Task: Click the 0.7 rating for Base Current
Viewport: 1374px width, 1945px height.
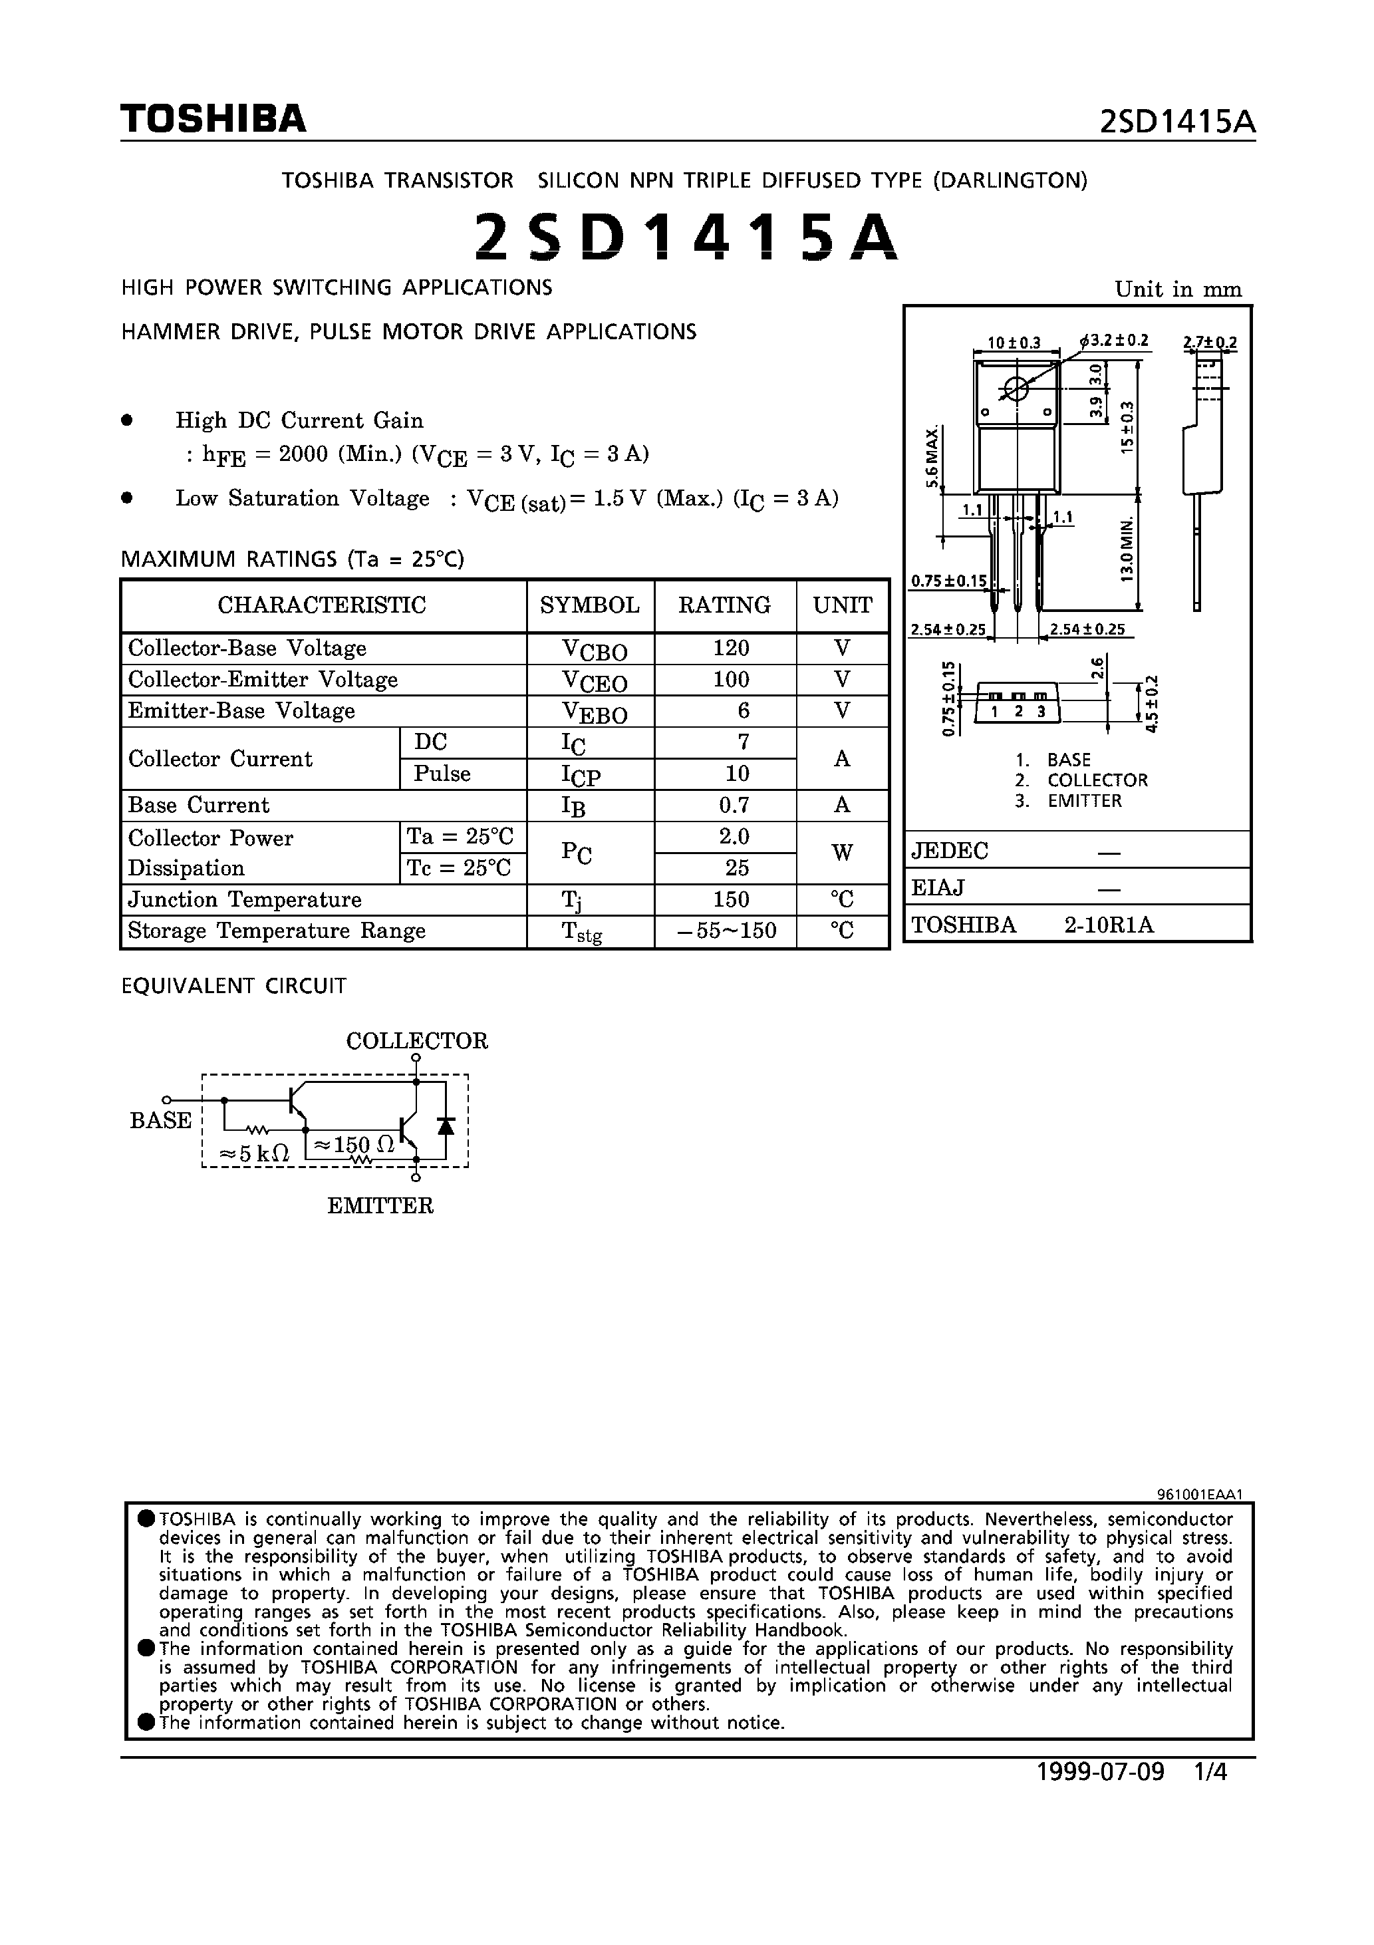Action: point(733,805)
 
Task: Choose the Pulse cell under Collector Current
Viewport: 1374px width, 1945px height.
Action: point(442,774)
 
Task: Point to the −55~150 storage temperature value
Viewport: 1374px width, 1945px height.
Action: point(728,931)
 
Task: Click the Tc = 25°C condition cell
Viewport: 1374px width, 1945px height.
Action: point(459,868)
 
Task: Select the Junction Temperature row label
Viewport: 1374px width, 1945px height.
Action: point(245,899)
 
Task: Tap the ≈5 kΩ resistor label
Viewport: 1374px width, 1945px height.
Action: point(254,1153)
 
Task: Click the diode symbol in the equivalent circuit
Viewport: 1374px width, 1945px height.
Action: point(446,1125)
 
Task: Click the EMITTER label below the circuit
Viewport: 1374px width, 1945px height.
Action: point(380,1205)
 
